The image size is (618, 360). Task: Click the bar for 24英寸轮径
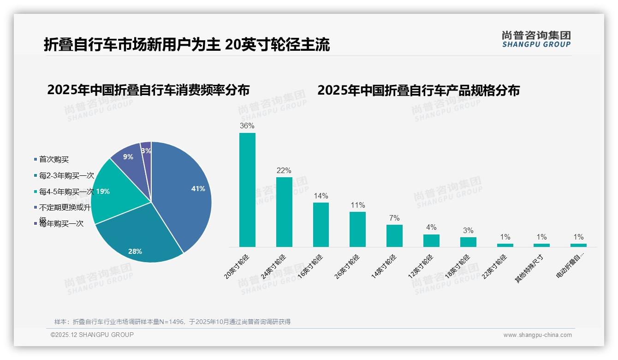point(284,212)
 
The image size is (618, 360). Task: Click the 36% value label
point(247,126)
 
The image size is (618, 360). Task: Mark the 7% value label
point(394,218)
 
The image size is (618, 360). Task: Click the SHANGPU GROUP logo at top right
point(536,39)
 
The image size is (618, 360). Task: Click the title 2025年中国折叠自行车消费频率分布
point(148,90)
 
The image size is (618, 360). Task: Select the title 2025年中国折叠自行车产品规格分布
point(418,90)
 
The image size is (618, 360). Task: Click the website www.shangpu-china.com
point(537,335)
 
